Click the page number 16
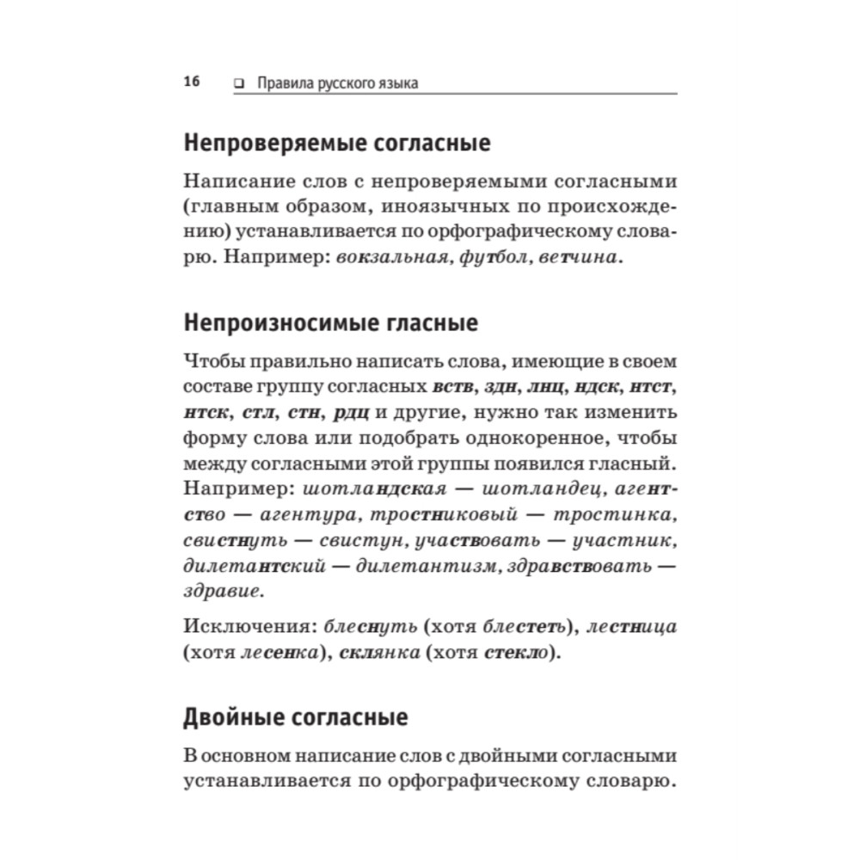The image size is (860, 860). click(191, 83)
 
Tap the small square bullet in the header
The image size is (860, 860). click(238, 83)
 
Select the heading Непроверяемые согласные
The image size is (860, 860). click(337, 143)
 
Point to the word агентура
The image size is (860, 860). click(291, 516)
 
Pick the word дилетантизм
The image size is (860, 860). click(408, 568)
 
